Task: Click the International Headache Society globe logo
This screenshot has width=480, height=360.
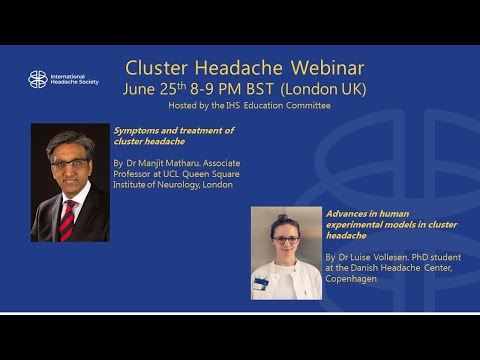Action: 37,79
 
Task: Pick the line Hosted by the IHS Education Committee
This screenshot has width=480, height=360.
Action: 244,105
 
